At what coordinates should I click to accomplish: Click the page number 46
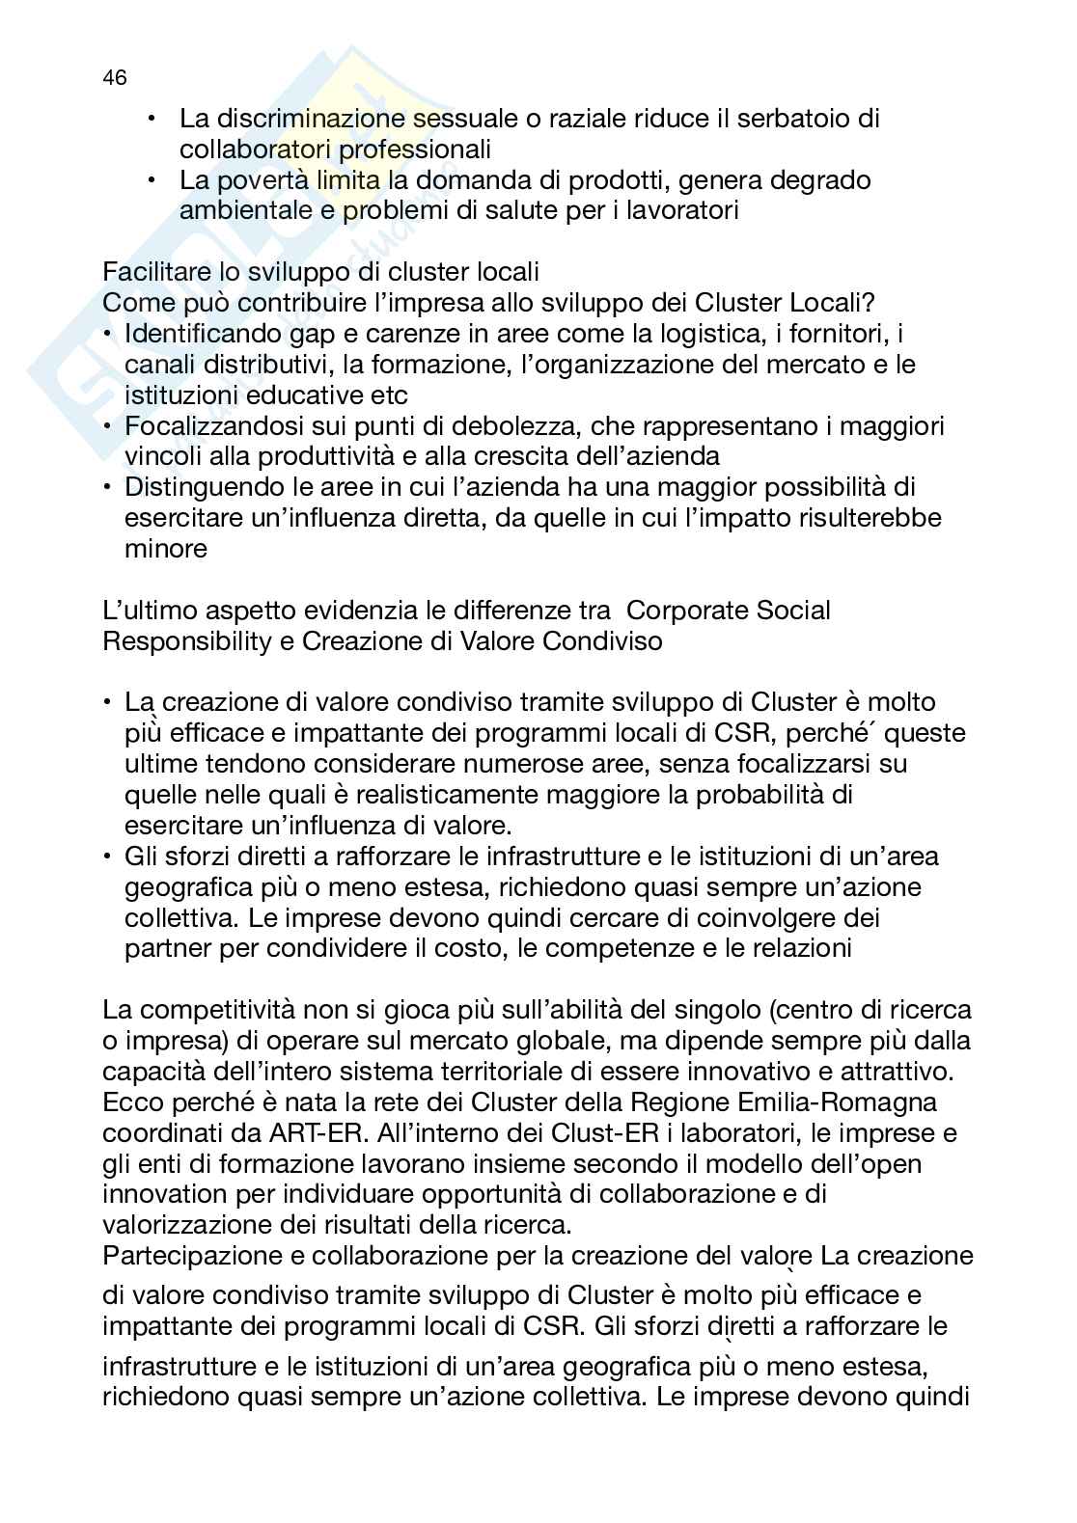pos(114,78)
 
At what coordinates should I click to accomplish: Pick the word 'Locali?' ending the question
pos(834,303)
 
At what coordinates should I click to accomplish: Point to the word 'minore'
pos(165,549)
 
